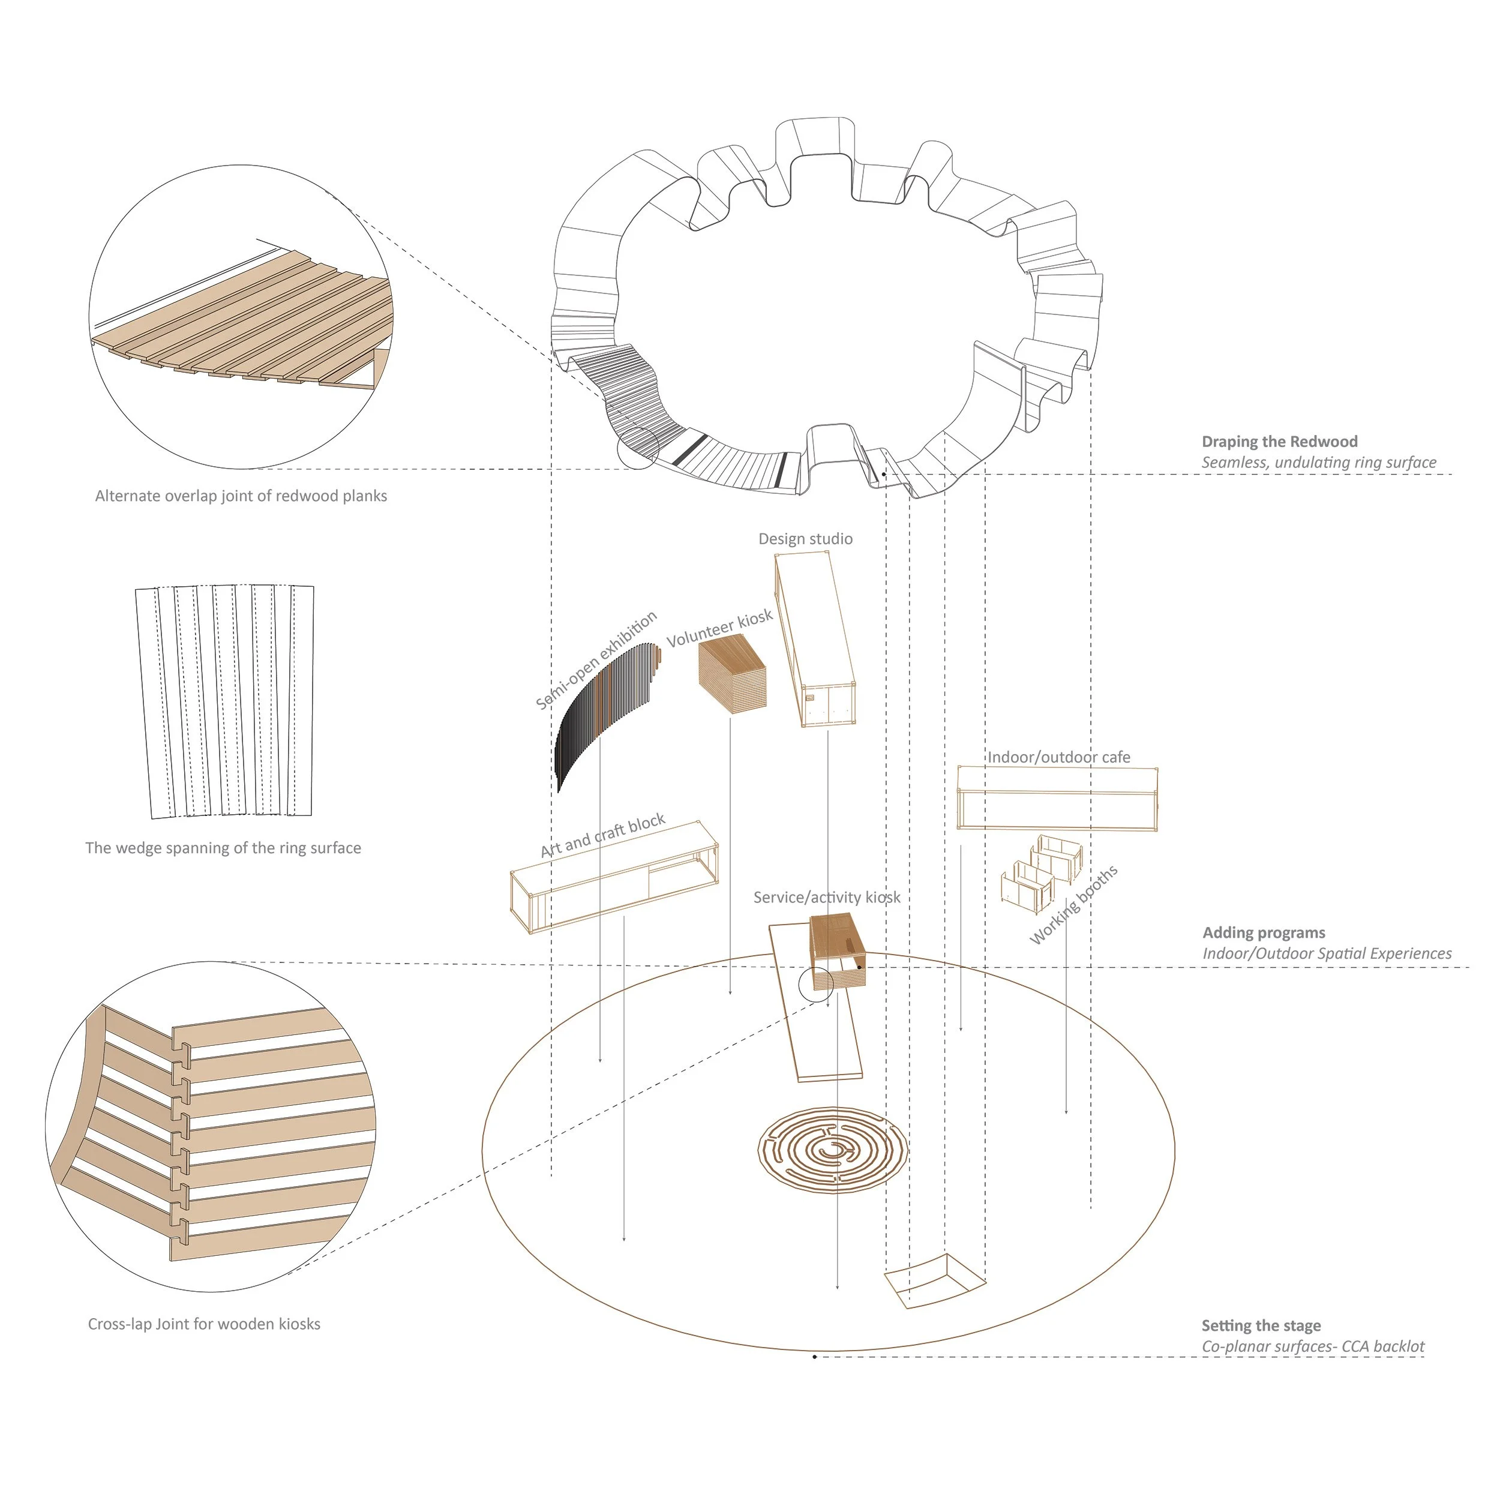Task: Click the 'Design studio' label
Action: point(805,539)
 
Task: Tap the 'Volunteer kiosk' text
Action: point(720,628)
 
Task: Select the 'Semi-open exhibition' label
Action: point(596,660)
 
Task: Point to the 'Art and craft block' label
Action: point(602,835)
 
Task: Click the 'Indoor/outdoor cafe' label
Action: point(1058,757)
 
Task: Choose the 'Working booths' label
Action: point(1074,905)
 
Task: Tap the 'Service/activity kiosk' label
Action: point(827,898)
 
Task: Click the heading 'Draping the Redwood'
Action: point(1280,442)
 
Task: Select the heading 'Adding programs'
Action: point(1264,932)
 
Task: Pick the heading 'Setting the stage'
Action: point(1261,1325)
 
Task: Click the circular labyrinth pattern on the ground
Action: point(832,1151)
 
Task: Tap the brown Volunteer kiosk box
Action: point(732,673)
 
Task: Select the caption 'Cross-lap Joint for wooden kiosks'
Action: point(204,1324)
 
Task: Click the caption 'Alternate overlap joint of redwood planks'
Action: point(241,496)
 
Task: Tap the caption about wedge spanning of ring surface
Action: point(223,848)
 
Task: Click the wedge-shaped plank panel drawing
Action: point(225,701)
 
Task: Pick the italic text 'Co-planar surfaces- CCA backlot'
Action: point(1313,1347)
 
